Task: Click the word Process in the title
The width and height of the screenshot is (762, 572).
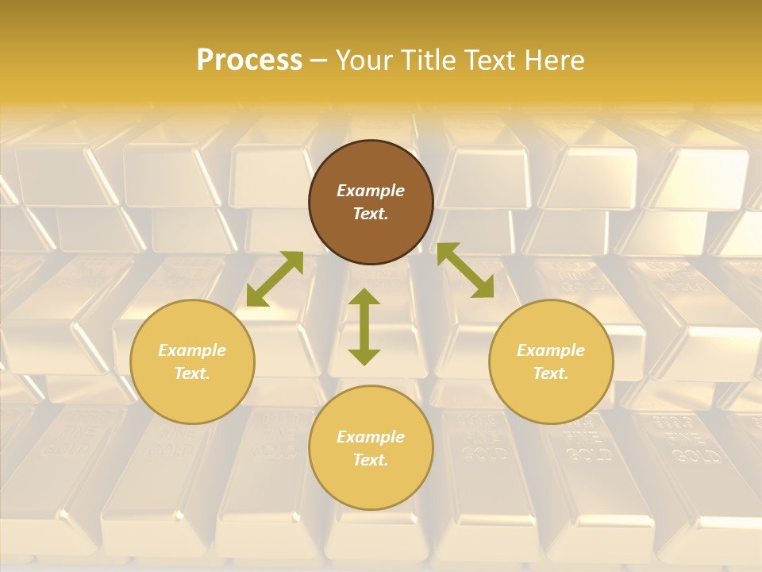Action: pos(249,60)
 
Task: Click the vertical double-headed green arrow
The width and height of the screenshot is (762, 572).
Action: pos(364,327)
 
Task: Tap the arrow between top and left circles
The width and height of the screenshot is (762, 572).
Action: pos(275,279)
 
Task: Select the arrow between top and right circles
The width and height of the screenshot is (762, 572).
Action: pos(466,270)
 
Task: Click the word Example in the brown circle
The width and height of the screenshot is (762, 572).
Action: pos(371,191)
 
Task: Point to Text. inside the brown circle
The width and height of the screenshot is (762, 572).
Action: pos(371,214)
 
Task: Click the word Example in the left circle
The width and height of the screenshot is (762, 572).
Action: pos(192,350)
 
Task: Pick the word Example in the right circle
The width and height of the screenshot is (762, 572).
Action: pos(551,350)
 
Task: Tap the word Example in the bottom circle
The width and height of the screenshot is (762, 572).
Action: pos(371,437)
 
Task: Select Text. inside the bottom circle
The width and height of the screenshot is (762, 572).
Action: pos(371,460)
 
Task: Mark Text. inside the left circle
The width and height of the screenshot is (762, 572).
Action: pos(192,373)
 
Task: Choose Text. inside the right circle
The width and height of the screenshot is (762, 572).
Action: pos(551,373)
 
